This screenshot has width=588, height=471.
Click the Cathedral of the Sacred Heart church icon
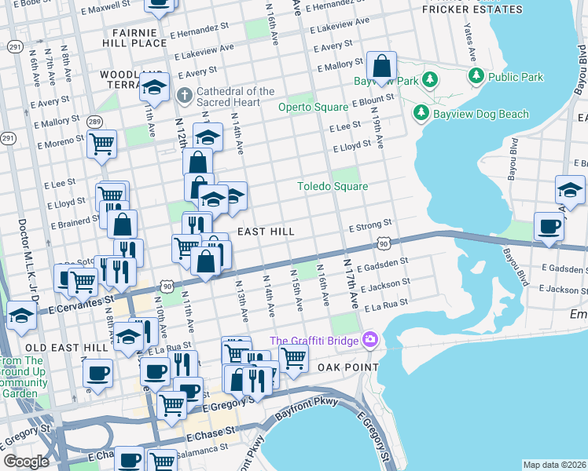click(x=185, y=97)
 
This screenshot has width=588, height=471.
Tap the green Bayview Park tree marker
click(x=430, y=79)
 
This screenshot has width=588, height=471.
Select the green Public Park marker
click(x=476, y=77)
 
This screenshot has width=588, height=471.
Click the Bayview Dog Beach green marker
click(x=421, y=114)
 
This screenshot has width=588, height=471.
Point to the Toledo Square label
click(x=332, y=186)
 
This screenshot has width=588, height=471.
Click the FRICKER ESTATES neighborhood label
click(x=472, y=9)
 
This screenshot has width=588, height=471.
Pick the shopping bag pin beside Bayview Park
click(x=381, y=67)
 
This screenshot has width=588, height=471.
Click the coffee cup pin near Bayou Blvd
click(x=549, y=225)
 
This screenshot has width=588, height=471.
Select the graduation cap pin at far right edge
click(x=571, y=190)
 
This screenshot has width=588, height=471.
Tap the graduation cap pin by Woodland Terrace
click(x=155, y=86)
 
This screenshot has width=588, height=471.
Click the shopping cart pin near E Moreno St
click(x=101, y=144)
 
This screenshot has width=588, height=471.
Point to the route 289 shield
click(x=94, y=122)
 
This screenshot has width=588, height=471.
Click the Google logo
click(x=27, y=462)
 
